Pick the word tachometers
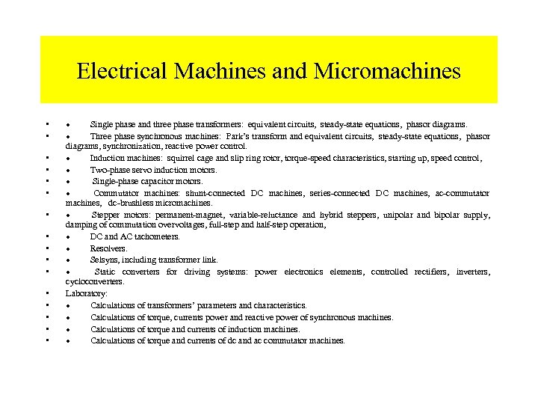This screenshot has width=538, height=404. pos(155,236)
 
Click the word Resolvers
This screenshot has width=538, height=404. pos(109,248)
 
